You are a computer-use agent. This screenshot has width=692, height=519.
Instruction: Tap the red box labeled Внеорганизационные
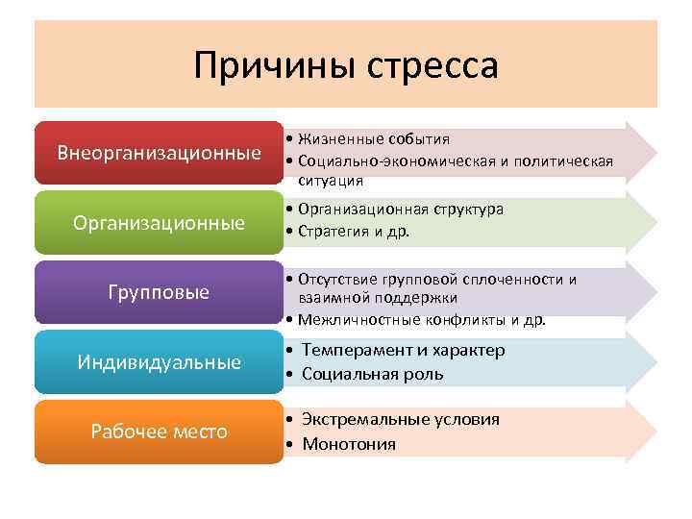point(159,153)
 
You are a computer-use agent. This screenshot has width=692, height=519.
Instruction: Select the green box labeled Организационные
point(159,223)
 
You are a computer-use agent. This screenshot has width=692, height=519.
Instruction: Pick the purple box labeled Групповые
point(159,292)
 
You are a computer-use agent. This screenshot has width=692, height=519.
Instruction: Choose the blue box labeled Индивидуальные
point(159,362)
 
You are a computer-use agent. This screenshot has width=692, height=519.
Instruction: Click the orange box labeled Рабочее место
point(159,432)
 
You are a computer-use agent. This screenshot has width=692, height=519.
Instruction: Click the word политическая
point(565,160)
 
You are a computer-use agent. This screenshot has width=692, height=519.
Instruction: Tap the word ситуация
point(331,180)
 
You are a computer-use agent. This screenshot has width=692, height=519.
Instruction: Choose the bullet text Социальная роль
point(372,374)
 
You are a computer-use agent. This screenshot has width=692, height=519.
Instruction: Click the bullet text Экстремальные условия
point(400,420)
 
